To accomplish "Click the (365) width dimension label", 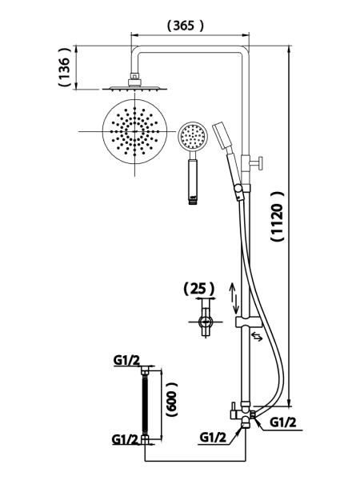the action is [185, 26].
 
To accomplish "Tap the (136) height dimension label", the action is [65, 67].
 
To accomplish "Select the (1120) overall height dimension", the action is [278, 217].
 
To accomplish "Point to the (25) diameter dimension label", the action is [199, 288].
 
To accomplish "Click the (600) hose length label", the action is [171, 399].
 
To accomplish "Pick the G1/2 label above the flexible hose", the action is [126, 360].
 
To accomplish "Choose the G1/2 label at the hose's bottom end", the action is [126, 439].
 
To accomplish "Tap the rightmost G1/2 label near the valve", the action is [283, 422].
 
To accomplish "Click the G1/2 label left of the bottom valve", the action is [213, 438].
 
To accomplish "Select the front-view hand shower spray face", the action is [193, 137].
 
